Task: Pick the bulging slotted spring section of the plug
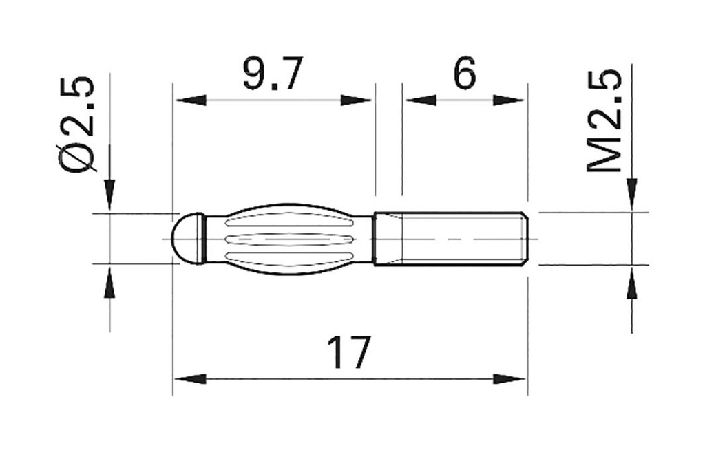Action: coord(289,238)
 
